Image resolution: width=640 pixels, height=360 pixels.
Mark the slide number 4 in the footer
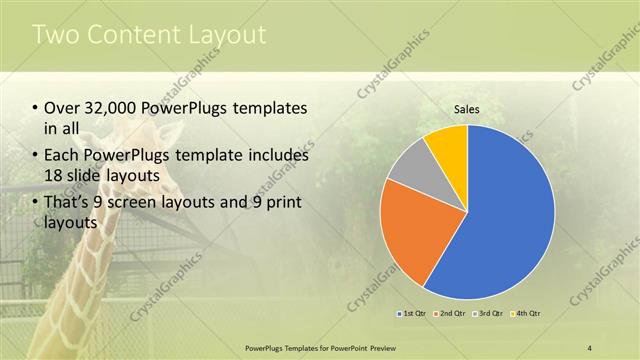point(590,346)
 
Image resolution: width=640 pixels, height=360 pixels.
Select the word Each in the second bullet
point(60,155)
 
